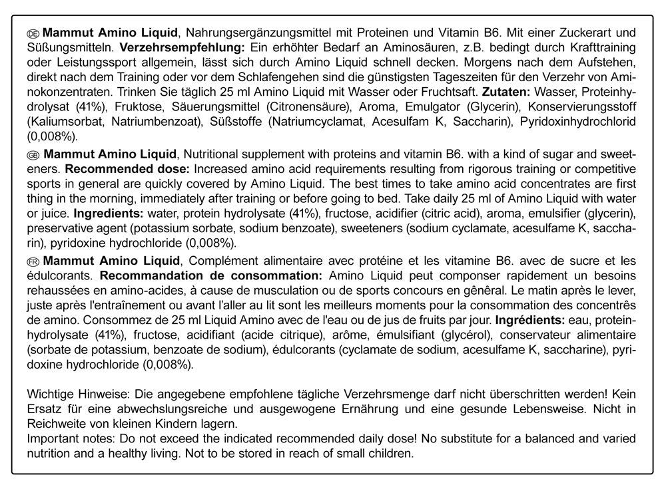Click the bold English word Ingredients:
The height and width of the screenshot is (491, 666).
(104, 214)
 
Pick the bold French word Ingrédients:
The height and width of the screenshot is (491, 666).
(525, 320)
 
